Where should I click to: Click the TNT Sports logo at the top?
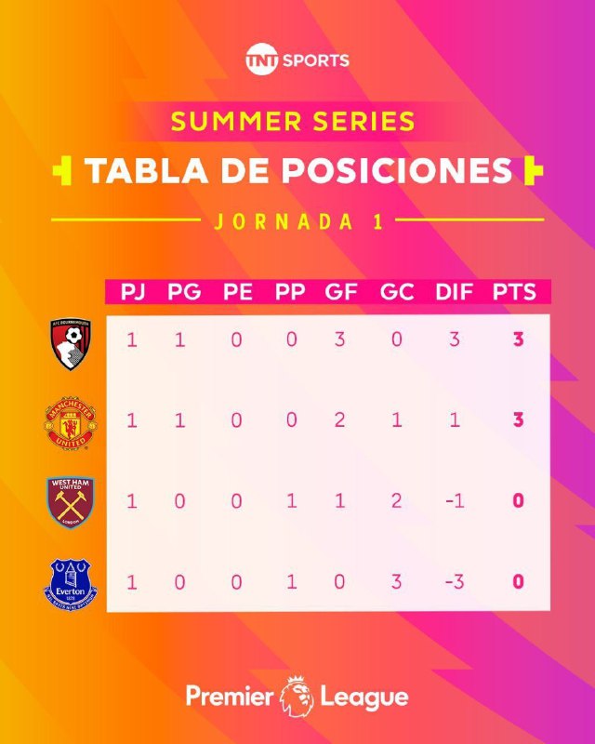click(297, 60)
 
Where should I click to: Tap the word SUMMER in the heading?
click(236, 121)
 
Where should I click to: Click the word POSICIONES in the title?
click(397, 170)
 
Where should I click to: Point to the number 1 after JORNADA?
click(378, 221)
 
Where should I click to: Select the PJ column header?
click(132, 292)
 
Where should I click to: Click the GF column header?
click(340, 292)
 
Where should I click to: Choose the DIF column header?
click(454, 292)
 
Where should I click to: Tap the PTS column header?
click(514, 292)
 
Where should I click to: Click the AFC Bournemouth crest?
click(71, 343)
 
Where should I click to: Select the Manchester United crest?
click(71, 423)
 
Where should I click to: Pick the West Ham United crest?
click(71, 502)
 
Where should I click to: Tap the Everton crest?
click(71, 584)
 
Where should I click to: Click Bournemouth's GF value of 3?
click(339, 339)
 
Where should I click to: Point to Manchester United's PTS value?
click(518, 420)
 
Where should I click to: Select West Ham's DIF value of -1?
click(455, 501)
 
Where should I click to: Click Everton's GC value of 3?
click(397, 582)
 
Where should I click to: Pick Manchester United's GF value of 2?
click(339, 420)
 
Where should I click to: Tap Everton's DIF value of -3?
click(455, 582)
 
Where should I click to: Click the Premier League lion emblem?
click(297, 696)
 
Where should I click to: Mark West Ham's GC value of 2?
click(397, 501)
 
